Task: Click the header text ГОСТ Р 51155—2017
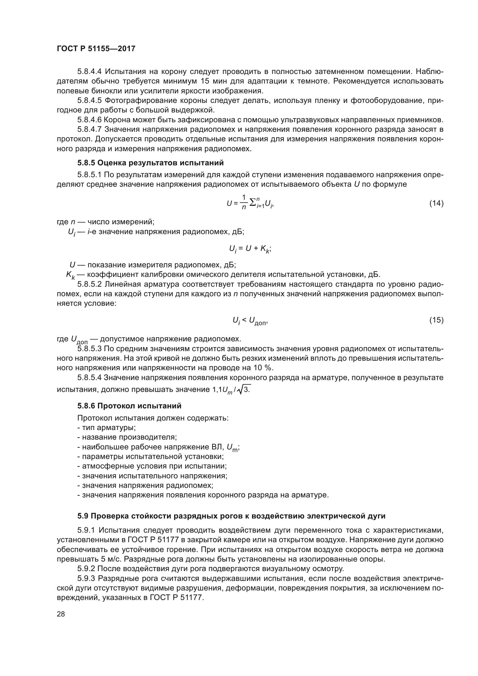96,49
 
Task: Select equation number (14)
436,203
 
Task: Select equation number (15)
436,320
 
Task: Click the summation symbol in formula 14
253,203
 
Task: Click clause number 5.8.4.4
90,72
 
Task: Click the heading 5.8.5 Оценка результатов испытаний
150,163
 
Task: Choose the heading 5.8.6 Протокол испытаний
129,406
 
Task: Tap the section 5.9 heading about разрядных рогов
231,516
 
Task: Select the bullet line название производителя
127,437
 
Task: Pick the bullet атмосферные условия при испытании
152,466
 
